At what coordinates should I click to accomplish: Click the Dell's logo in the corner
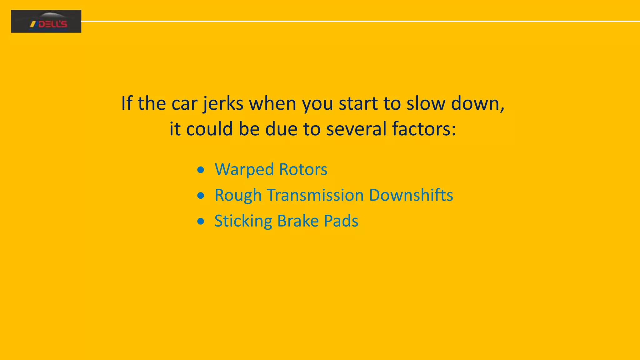click(46, 21)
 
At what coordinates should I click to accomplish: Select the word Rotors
click(303, 170)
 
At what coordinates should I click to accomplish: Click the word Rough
click(238, 196)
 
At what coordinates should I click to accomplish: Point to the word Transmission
click(315, 195)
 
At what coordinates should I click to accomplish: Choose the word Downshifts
click(411, 195)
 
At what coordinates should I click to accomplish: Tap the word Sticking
click(243, 221)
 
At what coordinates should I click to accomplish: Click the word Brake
click(298, 221)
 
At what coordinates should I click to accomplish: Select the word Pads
click(341, 221)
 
